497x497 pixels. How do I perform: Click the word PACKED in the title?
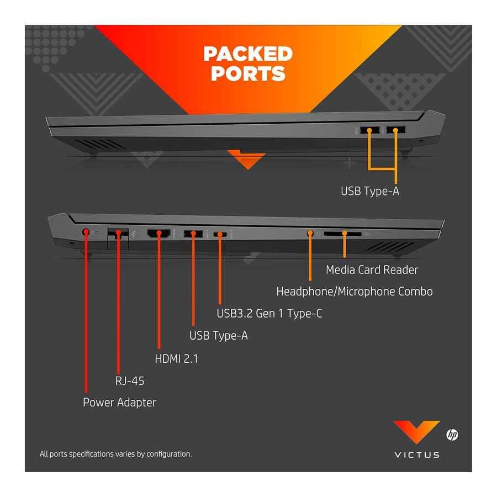coord(247,54)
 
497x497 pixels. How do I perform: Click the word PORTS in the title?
coord(248,73)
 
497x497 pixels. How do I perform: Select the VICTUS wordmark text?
coord(417,455)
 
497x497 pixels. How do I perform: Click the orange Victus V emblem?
coord(416,432)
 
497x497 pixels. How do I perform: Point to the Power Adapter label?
coord(119,402)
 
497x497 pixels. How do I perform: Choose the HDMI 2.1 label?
coord(176,358)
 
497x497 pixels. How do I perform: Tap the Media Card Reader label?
coord(372,269)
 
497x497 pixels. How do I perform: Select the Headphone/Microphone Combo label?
coord(354,291)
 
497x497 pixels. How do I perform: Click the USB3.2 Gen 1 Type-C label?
coord(269,314)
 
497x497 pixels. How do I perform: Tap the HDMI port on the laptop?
coord(159,233)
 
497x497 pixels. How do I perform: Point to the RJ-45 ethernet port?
coord(117,233)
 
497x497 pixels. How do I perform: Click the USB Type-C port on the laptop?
coord(220,234)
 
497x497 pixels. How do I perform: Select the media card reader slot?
coord(342,234)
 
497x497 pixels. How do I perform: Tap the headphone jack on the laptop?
coord(310,233)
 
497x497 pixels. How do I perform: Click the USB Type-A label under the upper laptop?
coord(369,192)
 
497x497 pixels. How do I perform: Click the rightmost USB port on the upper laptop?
coord(395,130)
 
